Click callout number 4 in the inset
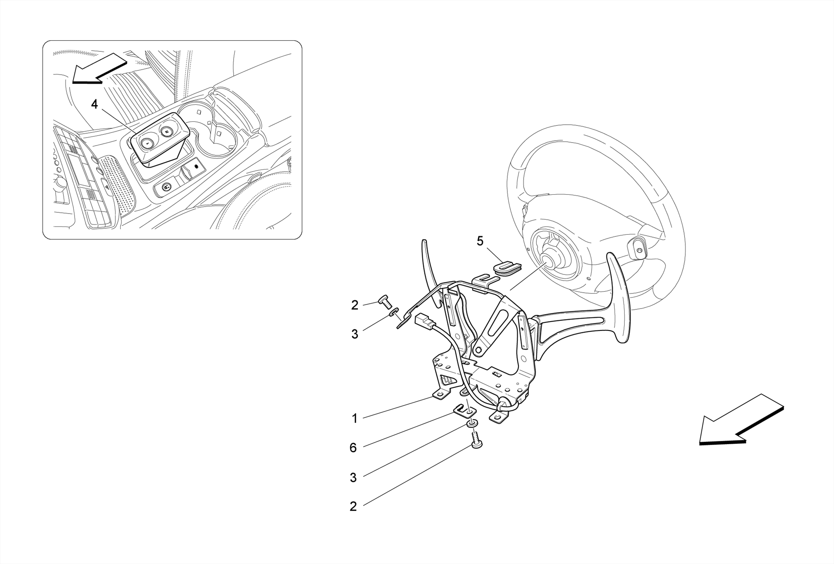(94, 104)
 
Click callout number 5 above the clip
(480, 241)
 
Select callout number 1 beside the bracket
(354, 419)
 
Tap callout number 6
(353, 448)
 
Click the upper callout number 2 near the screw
(355, 305)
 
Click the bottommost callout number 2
(353, 507)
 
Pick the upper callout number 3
(355, 334)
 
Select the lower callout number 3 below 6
(353, 478)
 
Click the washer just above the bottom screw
(472, 425)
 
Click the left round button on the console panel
(146, 143)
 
